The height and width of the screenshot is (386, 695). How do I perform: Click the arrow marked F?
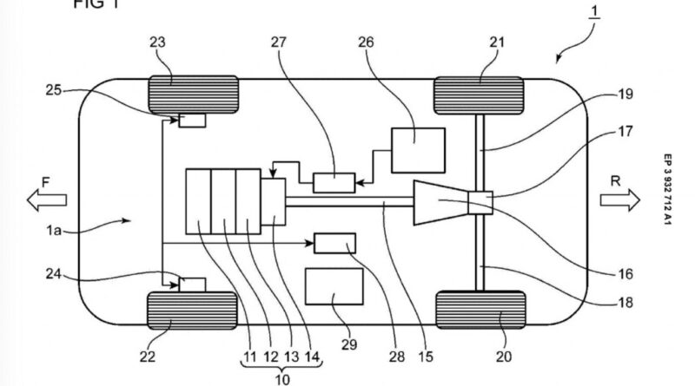coord(46,201)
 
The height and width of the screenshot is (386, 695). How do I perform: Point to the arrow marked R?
coord(618,201)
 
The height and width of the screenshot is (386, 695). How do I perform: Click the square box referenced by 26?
coord(418,149)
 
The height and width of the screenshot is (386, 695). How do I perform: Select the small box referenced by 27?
coord(334,182)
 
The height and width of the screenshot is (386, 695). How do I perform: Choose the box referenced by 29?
coord(334,287)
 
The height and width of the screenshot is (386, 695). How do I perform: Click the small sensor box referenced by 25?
coord(193,121)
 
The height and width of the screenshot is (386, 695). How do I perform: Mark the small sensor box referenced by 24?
coord(192,284)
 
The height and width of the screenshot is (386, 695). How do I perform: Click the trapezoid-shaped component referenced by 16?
coord(441,202)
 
